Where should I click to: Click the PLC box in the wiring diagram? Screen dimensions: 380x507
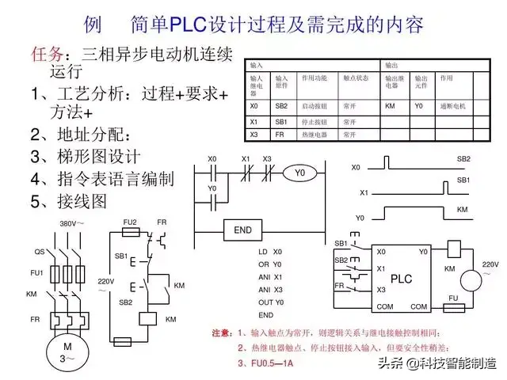(x=403, y=279)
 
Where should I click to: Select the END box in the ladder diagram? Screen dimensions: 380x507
(x=243, y=230)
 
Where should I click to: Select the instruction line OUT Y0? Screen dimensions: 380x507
(x=270, y=302)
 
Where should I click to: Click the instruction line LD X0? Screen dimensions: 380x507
(x=269, y=252)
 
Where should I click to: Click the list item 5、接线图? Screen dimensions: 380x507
(x=68, y=202)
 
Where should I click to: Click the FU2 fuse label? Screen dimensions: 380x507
(x=130, y=223)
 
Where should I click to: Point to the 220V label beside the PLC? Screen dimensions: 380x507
(x=491, y=264)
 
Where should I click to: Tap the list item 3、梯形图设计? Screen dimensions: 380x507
(x=86, y=156)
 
